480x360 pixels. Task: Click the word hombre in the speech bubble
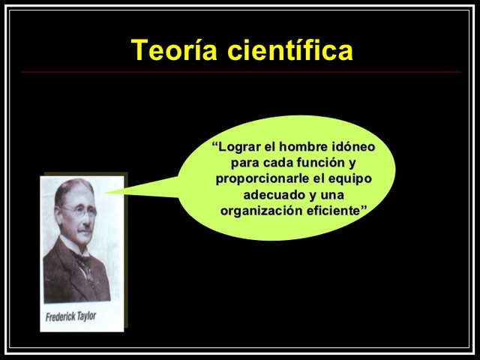(x=301, y=146)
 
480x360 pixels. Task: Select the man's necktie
(x=85, y=262)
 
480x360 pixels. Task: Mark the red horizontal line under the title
(x=240, y=72)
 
